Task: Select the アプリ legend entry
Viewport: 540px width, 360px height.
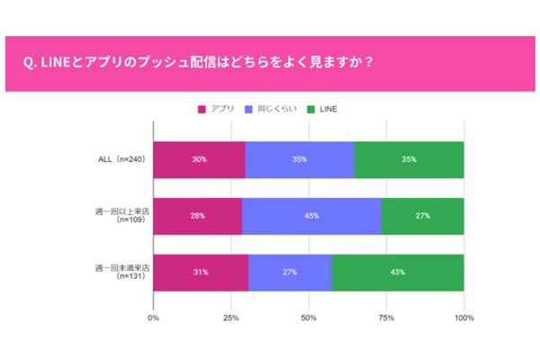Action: tap(217, 109)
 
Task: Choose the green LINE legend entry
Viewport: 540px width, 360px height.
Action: tap(320, 109)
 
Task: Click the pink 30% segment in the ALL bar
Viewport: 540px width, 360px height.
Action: tap(199, 159)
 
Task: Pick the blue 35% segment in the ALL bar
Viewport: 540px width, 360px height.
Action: tap(300, 159)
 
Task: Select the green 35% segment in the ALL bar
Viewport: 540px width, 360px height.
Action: tap(409, 159)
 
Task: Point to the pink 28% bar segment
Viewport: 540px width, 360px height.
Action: tap(197, 216)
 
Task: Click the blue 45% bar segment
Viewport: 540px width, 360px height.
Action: tap(311, 216)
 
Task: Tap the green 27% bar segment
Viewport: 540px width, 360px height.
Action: tap(423, 216)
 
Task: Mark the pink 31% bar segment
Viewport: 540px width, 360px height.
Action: tap(201, 273)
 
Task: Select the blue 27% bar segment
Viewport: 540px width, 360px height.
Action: tap(290, 273)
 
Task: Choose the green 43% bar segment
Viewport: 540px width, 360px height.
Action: tap(398, 273)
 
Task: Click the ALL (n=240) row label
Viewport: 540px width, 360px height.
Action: tap(121, 159)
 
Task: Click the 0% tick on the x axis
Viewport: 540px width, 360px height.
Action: tap(154, 318)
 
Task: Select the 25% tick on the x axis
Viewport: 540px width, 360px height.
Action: tap(231, 318)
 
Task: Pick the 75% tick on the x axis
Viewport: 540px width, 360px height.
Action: tap(387, 318)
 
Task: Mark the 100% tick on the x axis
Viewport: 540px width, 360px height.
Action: tap(463, 318)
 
